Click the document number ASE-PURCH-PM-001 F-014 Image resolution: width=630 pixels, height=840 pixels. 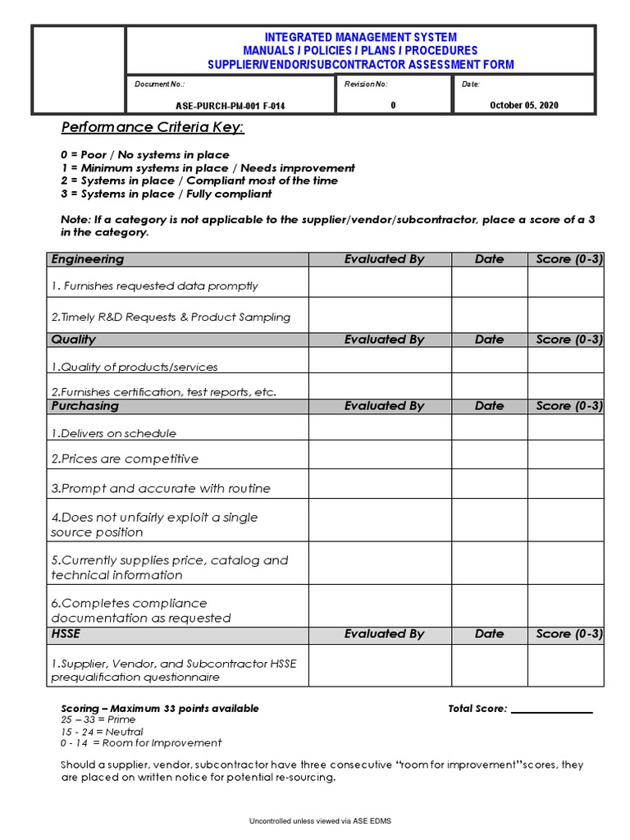pos(231,105)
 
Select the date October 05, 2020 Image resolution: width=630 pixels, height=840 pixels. pos(523,104)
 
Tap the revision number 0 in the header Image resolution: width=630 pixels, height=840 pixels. pos(393,104)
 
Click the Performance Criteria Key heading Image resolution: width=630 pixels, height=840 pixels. pos(153,127)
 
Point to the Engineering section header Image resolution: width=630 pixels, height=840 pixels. pos(88,259)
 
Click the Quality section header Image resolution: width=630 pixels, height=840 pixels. pos(74,340)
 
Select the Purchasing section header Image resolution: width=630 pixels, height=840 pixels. pos(85,406)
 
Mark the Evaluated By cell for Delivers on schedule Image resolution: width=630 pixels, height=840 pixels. pos(380,427)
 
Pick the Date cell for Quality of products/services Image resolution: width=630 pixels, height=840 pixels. pos(489,361)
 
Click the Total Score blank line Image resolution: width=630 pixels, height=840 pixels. pos(551,709)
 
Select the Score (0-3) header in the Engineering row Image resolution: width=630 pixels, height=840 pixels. pos(569,259)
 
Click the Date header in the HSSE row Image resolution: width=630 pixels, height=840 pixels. pos(489,634)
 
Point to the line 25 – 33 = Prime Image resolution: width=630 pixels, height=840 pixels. pos(98,719)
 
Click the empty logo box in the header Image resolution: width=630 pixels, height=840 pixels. pos(79,69)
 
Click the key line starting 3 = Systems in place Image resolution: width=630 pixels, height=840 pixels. pos(167,194)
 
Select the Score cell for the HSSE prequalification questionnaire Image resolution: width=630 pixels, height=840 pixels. pos(565,664)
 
